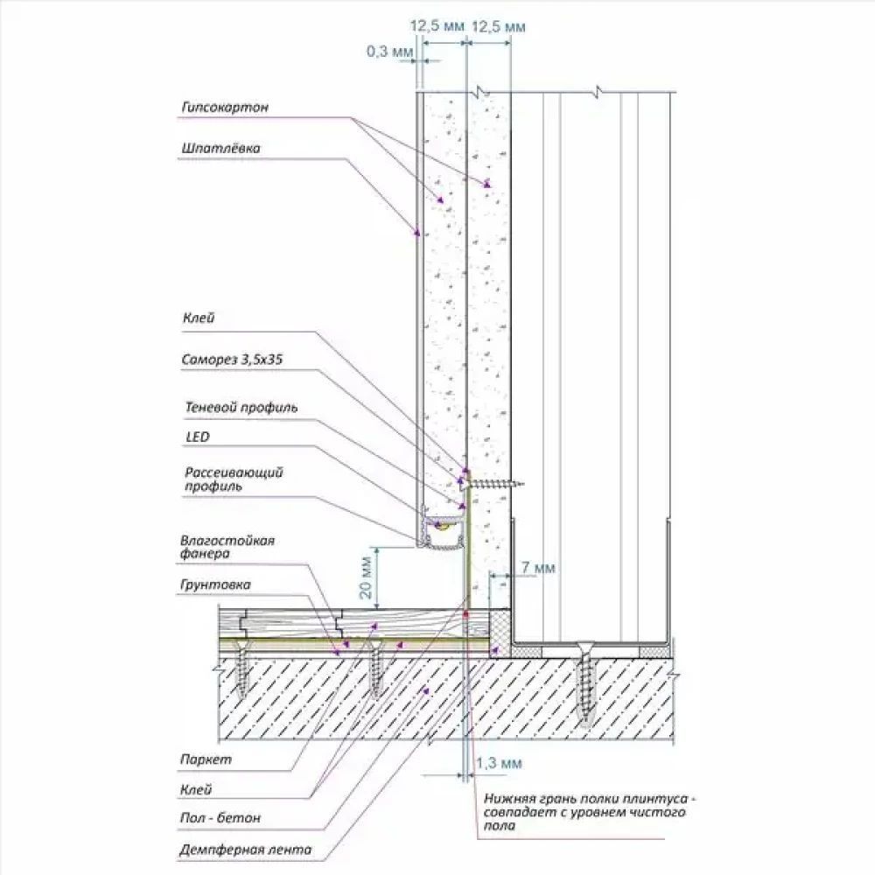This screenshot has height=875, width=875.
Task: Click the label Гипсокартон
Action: coord(225,108)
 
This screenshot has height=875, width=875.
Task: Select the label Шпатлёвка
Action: coord(221,149)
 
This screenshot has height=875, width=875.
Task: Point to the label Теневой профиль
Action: coord(241,408)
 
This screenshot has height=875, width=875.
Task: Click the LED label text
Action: coord(197,436)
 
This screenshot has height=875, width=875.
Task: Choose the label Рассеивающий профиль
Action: coord(234,479)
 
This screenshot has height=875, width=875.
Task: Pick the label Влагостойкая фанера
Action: coord(227,547)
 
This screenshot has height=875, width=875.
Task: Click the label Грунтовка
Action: coord(215,584)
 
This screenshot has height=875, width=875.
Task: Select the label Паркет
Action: coord(205,760)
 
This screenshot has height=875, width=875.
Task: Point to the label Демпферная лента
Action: coord(245,850)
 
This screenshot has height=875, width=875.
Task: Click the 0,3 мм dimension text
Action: coord(388,52)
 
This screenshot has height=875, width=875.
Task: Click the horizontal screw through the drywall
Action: coord(495,480)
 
